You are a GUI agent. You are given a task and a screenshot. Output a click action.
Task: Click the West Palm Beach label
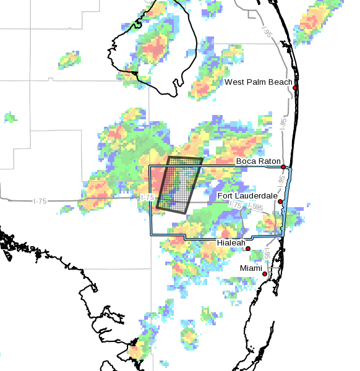[259, 82]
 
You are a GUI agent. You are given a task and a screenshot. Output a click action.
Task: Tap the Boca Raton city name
[258, 161]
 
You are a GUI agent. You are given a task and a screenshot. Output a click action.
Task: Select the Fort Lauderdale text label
[247, 196]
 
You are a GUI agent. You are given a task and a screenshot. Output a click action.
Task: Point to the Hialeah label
[230, 244]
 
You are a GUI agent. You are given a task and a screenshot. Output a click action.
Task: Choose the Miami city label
[251, 268]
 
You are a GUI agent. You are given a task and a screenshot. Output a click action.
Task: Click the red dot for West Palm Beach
[296, 88]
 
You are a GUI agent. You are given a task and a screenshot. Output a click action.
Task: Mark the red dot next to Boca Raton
[283, 167]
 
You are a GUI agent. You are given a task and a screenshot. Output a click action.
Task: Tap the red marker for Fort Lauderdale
[280, 202]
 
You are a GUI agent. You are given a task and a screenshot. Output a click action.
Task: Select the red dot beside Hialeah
[248, 249]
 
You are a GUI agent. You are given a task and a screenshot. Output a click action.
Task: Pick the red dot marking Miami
[265, 274]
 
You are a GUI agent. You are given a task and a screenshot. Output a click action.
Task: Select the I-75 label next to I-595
[235, 205]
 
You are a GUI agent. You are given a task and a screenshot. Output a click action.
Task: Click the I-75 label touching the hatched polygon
[147, 197]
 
